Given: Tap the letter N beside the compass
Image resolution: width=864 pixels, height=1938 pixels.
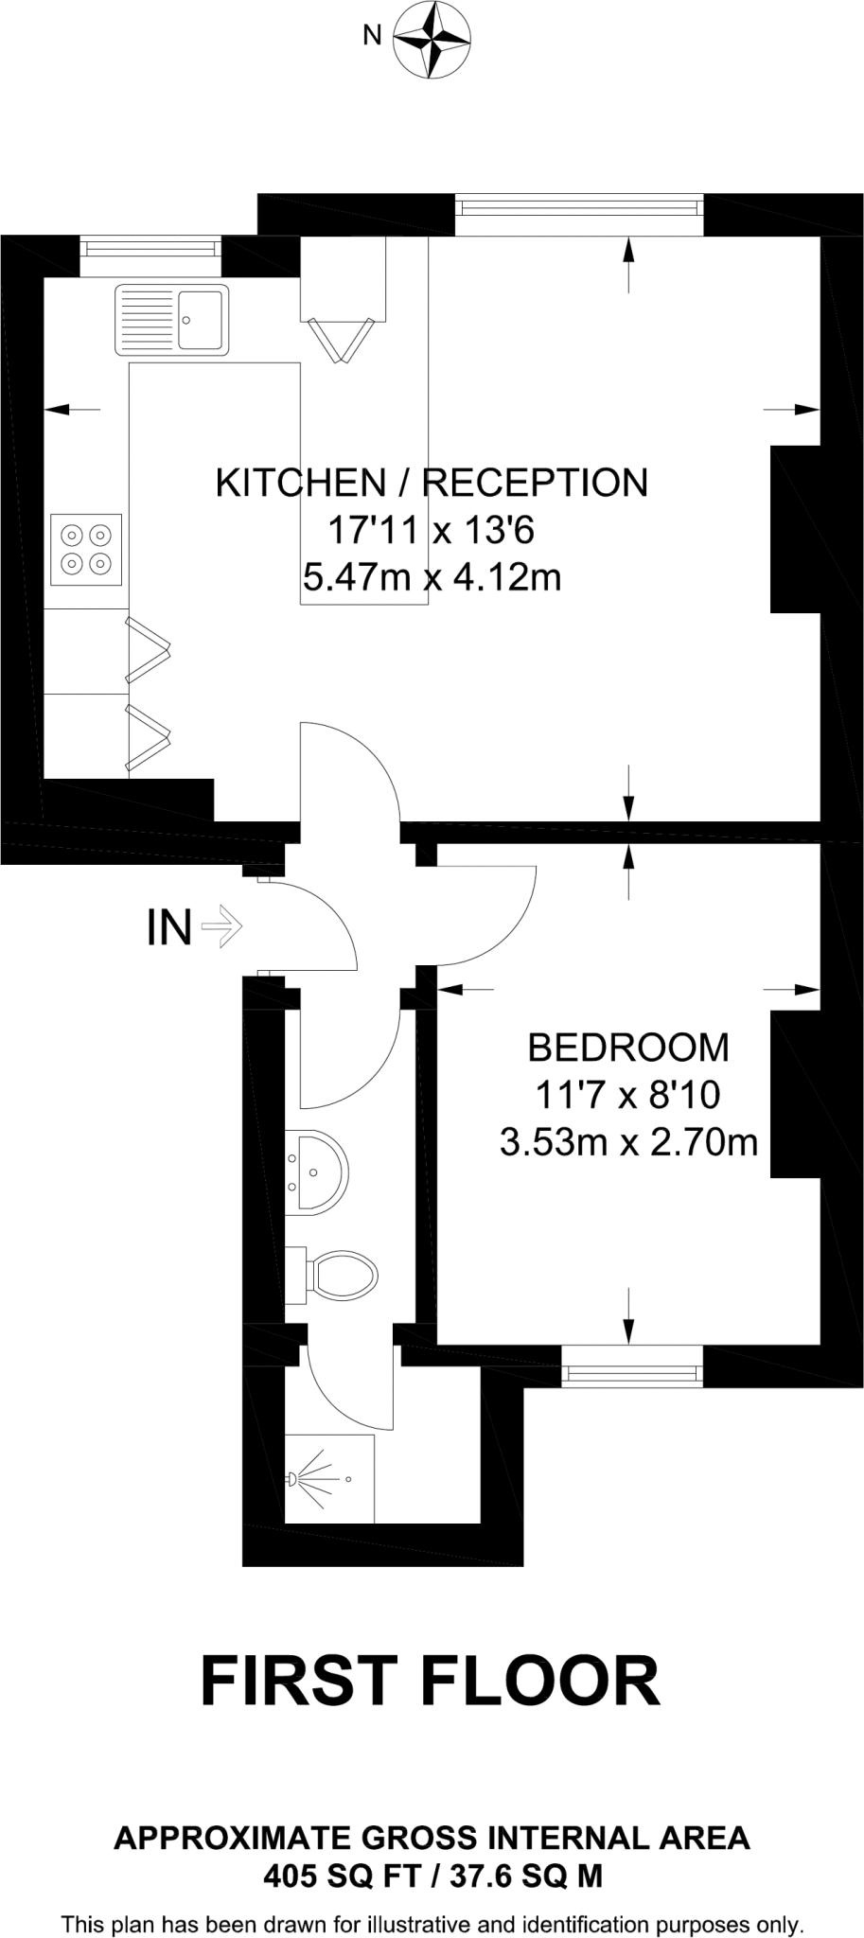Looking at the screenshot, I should pyautogui.click(x=373, y=36).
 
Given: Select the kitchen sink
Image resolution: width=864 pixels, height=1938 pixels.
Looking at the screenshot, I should pyautogui.click(x=171, y=319).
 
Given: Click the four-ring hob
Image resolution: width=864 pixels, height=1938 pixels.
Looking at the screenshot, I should pyautogui.click(x=86, y=550).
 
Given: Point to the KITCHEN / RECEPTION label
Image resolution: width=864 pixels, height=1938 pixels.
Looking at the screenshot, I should pyautogui.click(x=432, y=483).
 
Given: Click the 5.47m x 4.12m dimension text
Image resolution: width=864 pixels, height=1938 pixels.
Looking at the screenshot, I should pyautogui.click(x=432, y=576).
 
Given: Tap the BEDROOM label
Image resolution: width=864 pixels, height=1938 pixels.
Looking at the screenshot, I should pyautogui.click(x=628, y=1048).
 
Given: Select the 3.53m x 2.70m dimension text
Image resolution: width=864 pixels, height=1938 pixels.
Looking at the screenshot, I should pyautogui.click(x=628, y=1142).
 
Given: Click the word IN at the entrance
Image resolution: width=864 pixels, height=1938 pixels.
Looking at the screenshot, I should pyautogui.click(x=169, y=927).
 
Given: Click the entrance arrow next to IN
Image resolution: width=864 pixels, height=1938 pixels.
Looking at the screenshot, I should pyautogui.click(x=223, y=927).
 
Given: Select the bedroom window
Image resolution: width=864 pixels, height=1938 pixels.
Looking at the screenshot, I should pyautogui.click(x=632, y=1365).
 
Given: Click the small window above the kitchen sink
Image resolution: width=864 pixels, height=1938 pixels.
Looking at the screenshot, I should pyautogui.click(x=150, y=248).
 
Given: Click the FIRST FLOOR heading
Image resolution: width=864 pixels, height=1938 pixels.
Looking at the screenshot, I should pyautogui.click(x=431, y=1682).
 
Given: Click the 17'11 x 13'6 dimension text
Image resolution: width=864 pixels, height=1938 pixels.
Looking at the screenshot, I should pyautogui.click(x=432, y=530).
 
